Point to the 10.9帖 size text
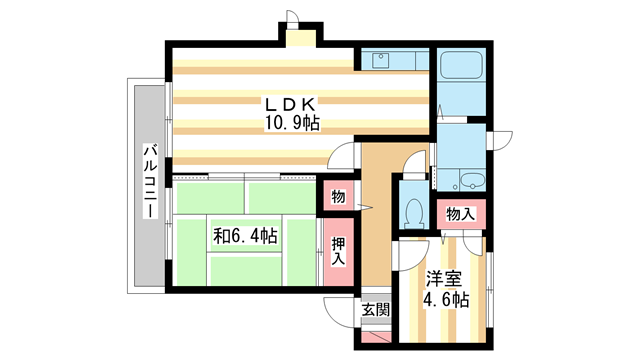[x=290, y=123]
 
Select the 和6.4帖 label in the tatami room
[x=245, y=236]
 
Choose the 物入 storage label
[x=461, y=213]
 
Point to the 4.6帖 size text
[x=444, y=299]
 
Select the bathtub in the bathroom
[x=462, y=70]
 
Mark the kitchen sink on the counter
[x=381, y=60]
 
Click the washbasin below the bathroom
[x=469, y=180]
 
